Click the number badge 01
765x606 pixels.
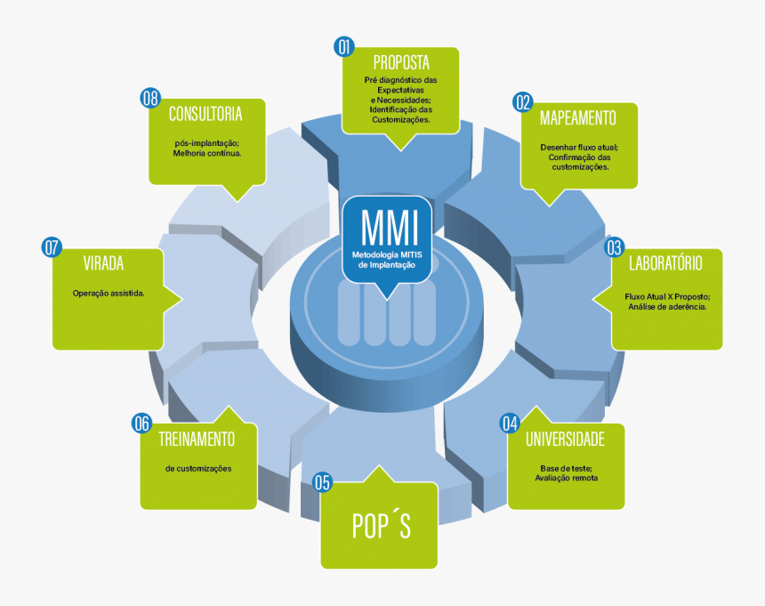click(x=344, y=47)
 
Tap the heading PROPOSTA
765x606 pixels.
click(x=401, y=63)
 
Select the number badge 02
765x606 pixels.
click(x=522, y=102)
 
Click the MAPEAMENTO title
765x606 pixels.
click(x=577, y=117)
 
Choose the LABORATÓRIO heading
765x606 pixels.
click(x=665, y=263)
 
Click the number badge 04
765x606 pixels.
click(x=510, y=423)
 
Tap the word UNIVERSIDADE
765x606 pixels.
click(x=565, y=439)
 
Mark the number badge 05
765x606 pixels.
click(x=322, y=482)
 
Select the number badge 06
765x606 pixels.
click(x=141, y=423)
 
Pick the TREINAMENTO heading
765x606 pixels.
click(x=197, y=439)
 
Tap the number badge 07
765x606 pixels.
click(x=52, y=247)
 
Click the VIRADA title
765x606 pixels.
click(x=103, y=263)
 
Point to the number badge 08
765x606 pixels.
click(x=150, y=98)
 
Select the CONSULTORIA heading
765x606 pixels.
click(x=205, y=114)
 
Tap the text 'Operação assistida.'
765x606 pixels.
click(x=109, y=293)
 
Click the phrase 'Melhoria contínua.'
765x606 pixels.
click(x=207, y=152)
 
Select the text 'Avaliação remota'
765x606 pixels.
click(x=566, y=478)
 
